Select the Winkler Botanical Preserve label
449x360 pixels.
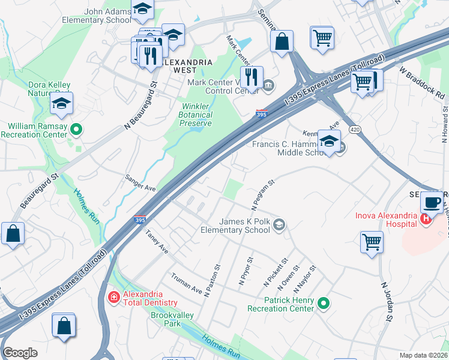(196, 115)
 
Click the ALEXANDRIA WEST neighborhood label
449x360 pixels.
(187, 66)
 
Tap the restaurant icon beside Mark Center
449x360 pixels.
(251, 77)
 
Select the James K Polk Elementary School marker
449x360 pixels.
(279, 225)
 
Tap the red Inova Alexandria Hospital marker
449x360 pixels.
(426, 220)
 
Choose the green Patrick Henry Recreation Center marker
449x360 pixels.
(324, 304)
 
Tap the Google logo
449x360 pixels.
(20, 353)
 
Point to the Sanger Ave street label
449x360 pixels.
(140, 184)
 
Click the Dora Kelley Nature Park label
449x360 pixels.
(49, 89)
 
